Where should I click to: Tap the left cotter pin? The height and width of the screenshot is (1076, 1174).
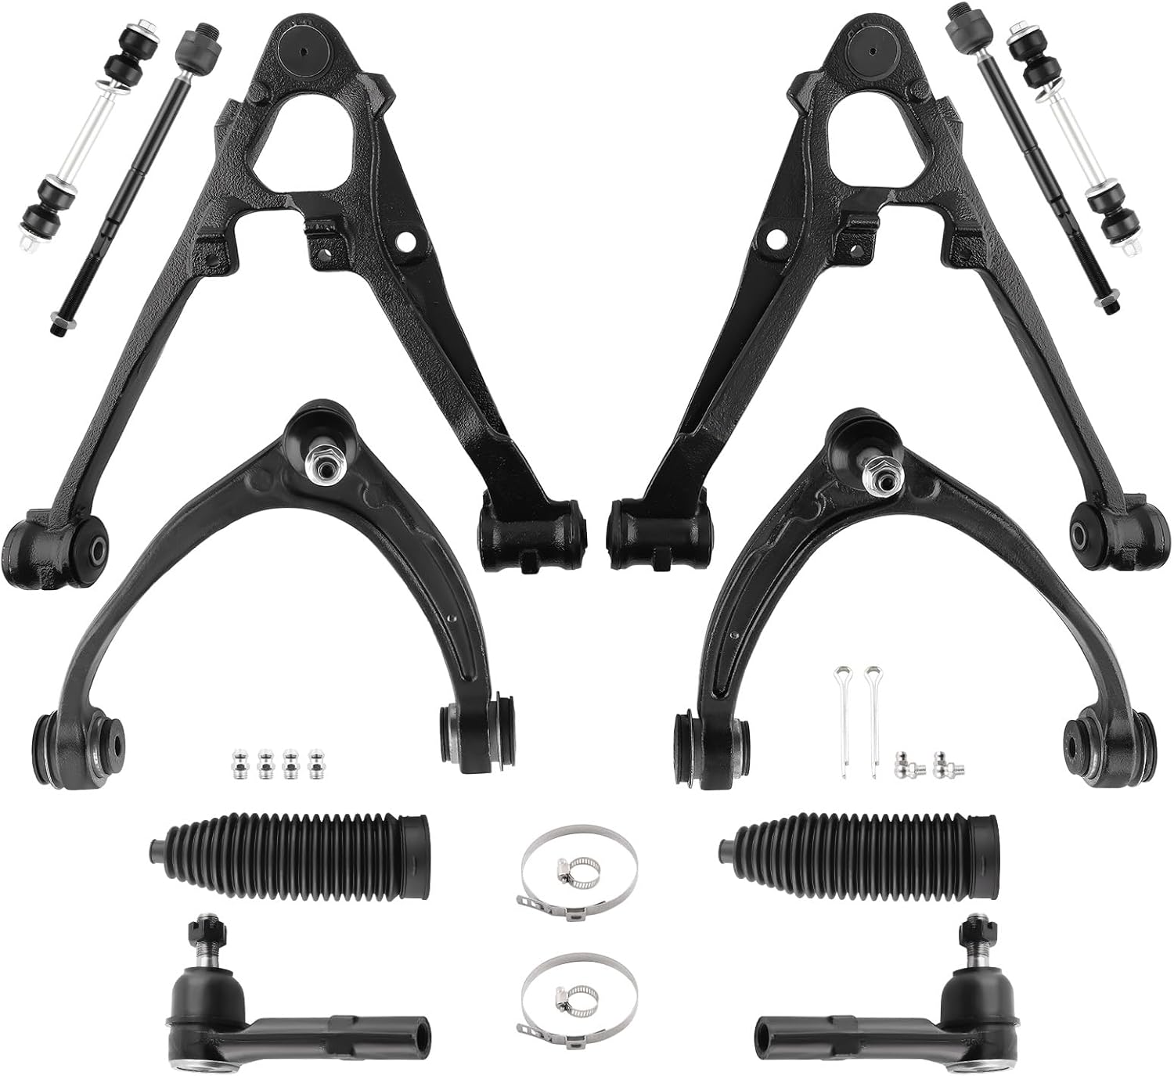coord(843,720)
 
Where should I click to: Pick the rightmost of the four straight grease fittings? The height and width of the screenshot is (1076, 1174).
coord(317,762)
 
